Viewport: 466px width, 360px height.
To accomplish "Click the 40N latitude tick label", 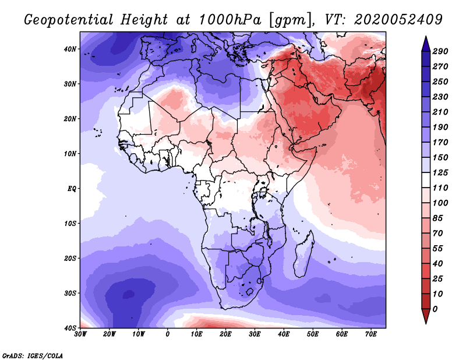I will [70, 49].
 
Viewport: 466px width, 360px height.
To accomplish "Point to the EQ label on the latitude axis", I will [71, 189].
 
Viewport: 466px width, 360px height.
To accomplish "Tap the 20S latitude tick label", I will [70, 258].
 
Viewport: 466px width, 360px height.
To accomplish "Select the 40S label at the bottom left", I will [70, 328].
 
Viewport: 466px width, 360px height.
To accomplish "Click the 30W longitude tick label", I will [80, 334].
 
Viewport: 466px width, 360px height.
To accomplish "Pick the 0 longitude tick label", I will [168, 334].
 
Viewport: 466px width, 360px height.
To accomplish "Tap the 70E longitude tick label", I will [371, 334].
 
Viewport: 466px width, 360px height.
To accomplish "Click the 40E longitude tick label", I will [284, 334].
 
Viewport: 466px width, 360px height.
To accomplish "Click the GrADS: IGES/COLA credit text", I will [33, 355].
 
